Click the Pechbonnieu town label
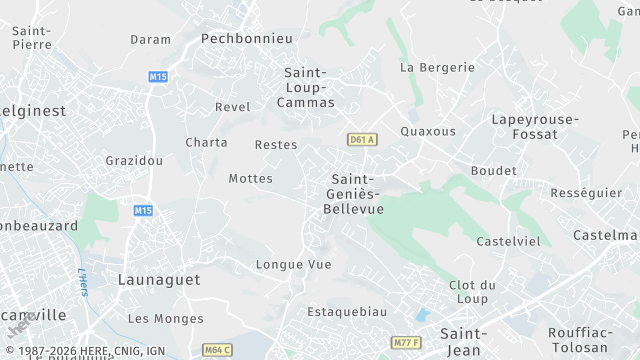247,38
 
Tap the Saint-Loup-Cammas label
309,87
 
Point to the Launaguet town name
159,280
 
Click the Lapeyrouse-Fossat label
534,126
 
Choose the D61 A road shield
362,139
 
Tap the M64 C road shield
217,349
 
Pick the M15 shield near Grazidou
143,210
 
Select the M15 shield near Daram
157,76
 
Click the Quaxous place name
427,131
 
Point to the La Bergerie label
437,67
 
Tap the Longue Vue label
293,265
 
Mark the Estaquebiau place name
347,311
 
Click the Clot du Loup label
473,291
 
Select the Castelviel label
508,241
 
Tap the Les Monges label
165,319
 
